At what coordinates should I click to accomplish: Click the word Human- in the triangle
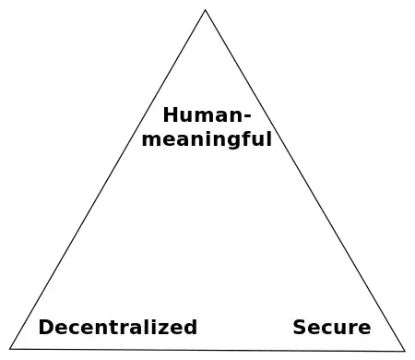pos(207,116)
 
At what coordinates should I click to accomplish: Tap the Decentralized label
pos(118,327)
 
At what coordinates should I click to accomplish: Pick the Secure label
pos(332,327)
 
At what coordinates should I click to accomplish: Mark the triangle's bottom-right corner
pos(403,351)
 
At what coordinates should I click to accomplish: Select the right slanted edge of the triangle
pos(304,180)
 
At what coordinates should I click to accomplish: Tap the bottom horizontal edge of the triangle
pos(207,350)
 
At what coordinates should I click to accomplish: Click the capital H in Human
pos(170,116)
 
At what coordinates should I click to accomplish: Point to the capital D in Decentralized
pos(44,327)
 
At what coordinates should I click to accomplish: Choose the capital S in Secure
pos(299,327)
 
